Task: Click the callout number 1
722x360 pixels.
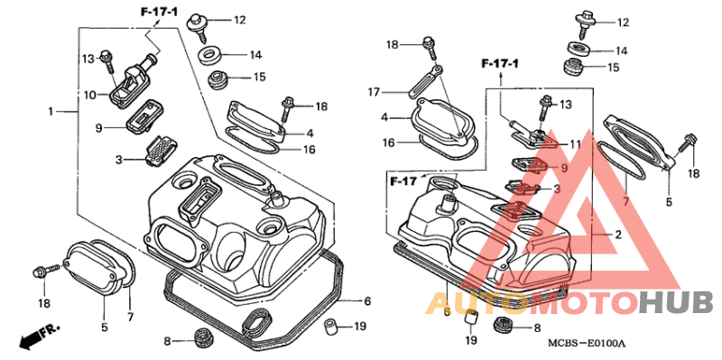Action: point(51,111)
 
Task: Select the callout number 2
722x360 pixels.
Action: point(618,235)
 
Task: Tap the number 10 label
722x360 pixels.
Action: point(90,96)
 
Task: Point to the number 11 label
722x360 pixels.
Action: point(575,144)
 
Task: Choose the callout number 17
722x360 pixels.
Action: point(374,93)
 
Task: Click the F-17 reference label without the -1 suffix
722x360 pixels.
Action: point(403,181)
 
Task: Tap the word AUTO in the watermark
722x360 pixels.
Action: point(477,303)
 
